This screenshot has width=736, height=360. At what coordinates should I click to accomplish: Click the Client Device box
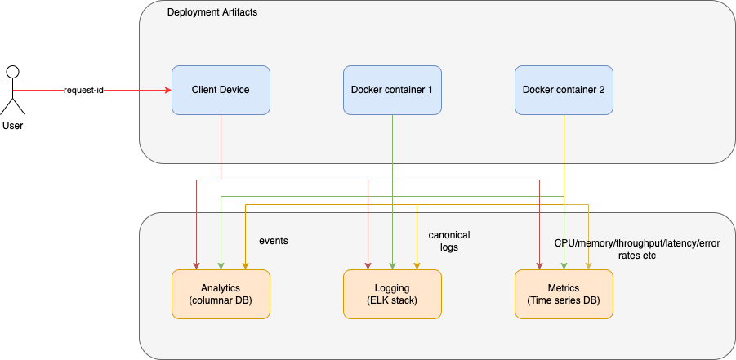pos(221,90)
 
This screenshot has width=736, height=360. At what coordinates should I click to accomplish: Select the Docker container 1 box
pos(392,90)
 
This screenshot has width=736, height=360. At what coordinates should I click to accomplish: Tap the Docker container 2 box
pos(564,90)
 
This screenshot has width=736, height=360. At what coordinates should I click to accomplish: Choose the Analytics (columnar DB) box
pos(221,295)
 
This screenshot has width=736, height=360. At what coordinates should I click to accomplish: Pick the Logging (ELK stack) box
pos(392,295)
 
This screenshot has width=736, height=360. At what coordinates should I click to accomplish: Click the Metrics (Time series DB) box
pos(564,295)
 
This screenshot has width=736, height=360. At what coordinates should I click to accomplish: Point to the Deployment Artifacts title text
pos(212,14)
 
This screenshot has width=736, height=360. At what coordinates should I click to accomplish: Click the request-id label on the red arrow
pos(84,90)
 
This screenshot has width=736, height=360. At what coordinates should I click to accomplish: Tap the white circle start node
pos(12,72)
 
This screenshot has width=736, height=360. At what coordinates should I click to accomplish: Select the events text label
pos(274,242)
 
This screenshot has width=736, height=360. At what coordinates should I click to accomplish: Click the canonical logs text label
pos(449,241)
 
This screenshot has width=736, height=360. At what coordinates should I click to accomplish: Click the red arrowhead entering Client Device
pos(167,90)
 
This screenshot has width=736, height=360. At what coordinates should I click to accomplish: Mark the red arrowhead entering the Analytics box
pos(196,265)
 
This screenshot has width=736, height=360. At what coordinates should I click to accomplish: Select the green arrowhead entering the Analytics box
pos(221,265)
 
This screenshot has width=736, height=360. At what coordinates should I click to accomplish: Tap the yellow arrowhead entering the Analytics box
pos(245,265)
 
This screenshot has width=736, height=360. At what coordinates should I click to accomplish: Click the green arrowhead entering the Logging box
pos(392,265)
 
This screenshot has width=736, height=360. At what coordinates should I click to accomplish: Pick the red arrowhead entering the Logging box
pos(368,265)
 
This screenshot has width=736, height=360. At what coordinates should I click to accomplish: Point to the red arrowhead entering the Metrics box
pos(539,265)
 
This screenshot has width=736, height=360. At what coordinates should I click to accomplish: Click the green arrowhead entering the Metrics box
pos(564,265)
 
